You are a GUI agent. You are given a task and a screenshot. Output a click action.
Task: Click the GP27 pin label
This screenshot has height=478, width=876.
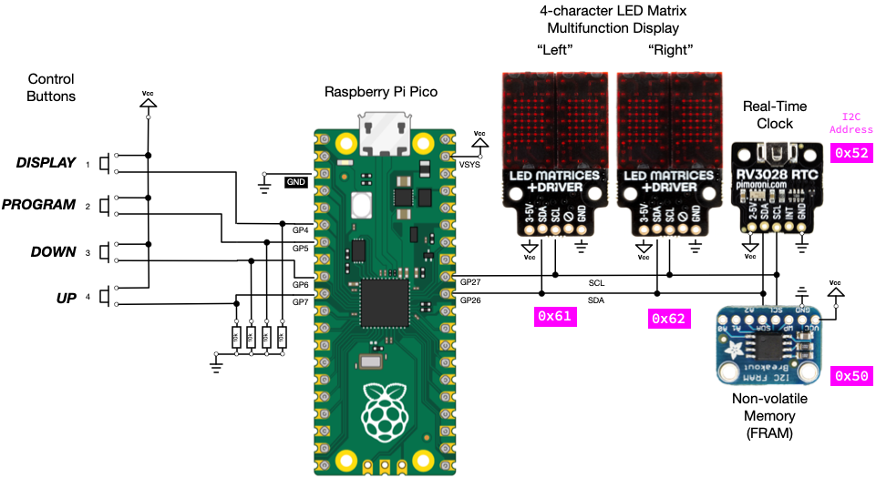pyautogui.click(x=471, y=282)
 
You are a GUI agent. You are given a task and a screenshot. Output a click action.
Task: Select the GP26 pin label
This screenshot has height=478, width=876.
pyautogui.click(x=471, y=300)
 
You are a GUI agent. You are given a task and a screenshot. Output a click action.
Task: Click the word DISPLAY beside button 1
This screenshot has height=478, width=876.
pyautogui.click(x=46, y=163)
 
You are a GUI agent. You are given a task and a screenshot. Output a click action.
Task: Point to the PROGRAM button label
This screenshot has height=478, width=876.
pyautogui.click(x=38, y=205)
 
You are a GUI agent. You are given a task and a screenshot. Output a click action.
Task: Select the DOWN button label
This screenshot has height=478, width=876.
pyautogui.click(x=53, y=251)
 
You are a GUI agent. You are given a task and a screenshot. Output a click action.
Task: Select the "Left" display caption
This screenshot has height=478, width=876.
pyautogui.click(x=552, y=48)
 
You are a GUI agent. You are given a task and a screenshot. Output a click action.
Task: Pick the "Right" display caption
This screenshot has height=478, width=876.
pyautogui.click(x=670, y=48)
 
